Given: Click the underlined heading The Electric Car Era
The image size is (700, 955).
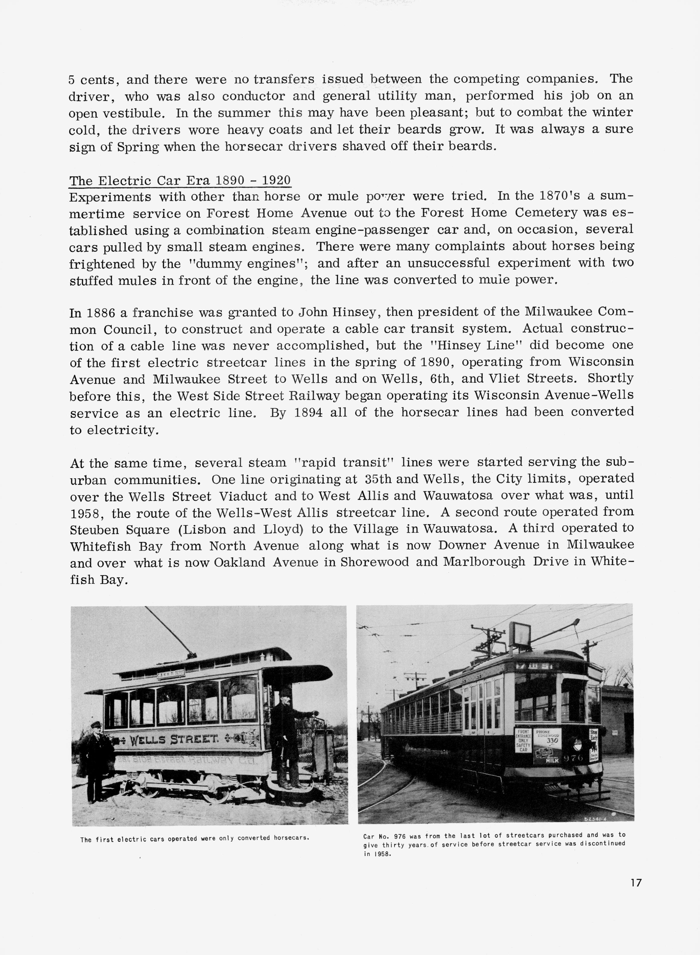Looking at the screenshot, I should [x=180, y=181].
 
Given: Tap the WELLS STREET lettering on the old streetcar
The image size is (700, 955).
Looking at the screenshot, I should [x=174, y=740].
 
